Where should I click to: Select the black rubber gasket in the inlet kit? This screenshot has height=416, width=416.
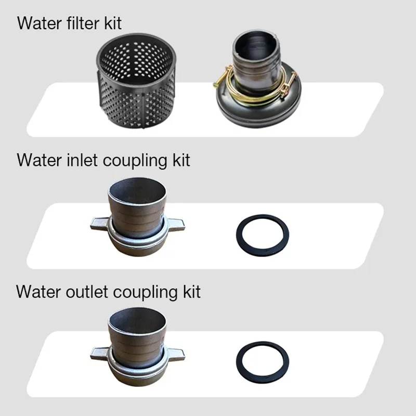[263, 235]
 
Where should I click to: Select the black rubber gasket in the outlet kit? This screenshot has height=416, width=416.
[263, 362]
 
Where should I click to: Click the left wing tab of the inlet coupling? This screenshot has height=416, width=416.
[99, 223]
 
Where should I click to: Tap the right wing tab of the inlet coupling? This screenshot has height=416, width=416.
[175, 224]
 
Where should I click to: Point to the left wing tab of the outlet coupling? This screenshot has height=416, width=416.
[99, 353]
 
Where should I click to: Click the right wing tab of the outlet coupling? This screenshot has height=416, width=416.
[175, 354]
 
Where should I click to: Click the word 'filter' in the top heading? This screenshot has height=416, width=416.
[83, 23]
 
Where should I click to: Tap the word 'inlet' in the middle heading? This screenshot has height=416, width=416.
[82, 160]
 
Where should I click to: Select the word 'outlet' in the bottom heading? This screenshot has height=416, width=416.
[87, 292]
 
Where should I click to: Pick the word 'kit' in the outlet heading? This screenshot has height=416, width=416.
[191, 292]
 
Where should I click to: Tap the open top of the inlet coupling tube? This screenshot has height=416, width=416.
[137, 190]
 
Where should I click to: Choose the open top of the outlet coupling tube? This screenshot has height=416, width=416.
[137, 320]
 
